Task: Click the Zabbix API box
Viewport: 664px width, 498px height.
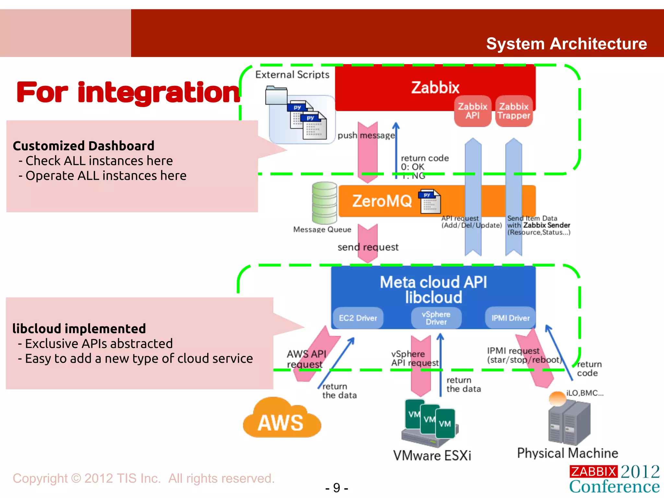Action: (472, 111)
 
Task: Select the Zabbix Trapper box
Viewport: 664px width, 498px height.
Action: (514, 111)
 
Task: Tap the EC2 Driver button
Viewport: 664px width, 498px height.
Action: (358, 318)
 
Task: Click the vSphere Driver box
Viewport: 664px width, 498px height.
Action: (436, 318)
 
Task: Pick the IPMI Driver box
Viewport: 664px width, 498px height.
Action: (510, 318)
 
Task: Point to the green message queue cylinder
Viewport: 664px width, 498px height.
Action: (324, 203)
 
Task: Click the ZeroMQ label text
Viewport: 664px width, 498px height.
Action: (382, 201)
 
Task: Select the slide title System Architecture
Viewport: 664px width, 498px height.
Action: (566, 44)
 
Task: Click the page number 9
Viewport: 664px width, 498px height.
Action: (337, 488)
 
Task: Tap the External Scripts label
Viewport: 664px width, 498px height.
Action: (292, 75)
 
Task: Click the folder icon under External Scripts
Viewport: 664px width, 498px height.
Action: (276, 95)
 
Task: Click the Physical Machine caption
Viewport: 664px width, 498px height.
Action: (567, 453)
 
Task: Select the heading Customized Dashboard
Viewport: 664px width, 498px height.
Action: (83, 146)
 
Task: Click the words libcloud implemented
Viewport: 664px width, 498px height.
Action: (79, 329)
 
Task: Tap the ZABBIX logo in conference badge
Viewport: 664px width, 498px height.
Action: (593, 471)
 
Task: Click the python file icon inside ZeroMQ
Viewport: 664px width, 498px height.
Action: (430, 201)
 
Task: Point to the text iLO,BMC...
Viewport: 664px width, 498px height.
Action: (585, 393)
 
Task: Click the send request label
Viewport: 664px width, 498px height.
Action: (368, 247)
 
